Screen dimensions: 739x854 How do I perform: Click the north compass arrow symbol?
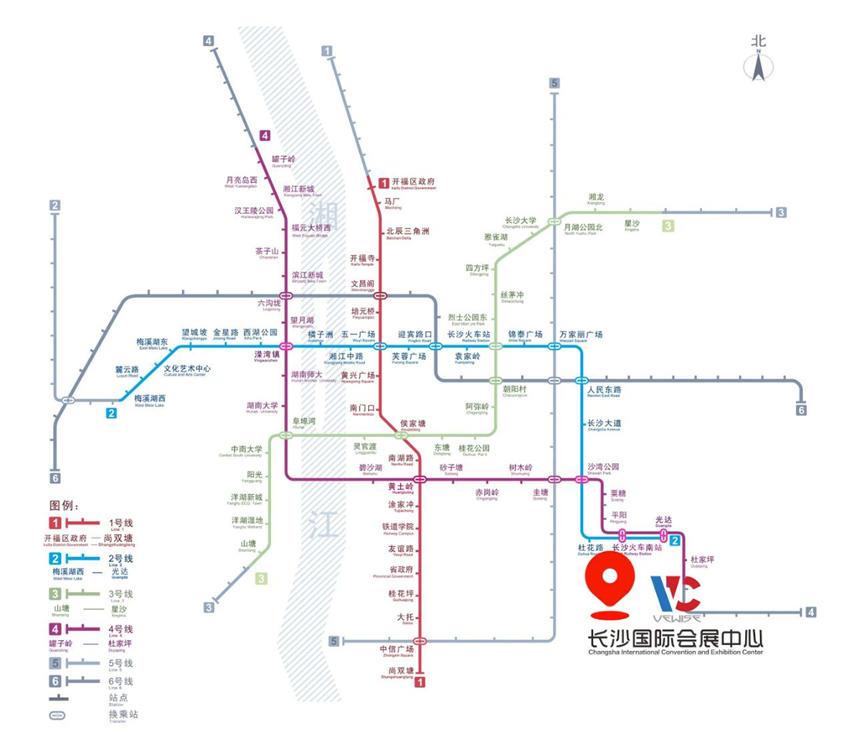coord(758,66)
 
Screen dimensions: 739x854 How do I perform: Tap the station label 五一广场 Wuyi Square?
coord(358,335)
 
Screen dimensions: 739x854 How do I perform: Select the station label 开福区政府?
coord(413,183)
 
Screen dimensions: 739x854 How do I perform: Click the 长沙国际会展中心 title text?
coord(675,637)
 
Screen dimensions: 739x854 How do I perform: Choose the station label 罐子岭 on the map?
coord(283,160)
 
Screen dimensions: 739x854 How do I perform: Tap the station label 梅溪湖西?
coord(150,399)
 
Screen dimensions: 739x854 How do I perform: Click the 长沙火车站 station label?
coord(468,335)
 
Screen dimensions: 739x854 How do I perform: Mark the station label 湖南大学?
coord(262,406)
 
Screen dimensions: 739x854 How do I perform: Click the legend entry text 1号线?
coord(120,523)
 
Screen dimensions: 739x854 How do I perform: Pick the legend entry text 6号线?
coord(120,681)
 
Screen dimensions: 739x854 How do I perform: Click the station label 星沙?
coord(632,224)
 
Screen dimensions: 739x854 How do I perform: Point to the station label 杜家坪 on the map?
coord(701,560)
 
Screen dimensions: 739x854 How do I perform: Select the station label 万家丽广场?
coord(580,335)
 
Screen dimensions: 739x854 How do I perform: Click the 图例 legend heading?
coord(65,506)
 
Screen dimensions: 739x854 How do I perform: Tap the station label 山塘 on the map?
coord(247,544)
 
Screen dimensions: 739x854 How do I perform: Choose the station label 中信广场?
coord(397,649)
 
